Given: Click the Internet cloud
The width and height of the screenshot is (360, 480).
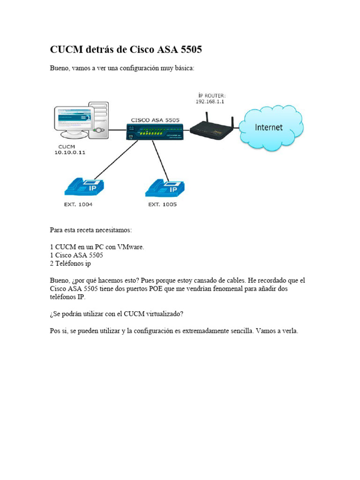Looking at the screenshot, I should pos(270,127).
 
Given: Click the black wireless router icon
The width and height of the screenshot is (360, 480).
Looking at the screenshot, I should pos(214,128).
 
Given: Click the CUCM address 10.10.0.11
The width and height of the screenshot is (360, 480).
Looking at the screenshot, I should pos(69,153).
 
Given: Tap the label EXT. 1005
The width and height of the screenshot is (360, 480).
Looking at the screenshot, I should pos(163,205).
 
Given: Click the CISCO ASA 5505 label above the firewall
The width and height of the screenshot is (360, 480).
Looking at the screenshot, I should pos(155,120).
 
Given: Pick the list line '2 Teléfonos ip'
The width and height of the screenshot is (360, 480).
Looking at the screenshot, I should pos(70,263).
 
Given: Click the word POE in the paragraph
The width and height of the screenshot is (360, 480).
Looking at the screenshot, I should pos(156,289).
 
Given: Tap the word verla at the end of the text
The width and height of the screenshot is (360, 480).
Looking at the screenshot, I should pos(289,331).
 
